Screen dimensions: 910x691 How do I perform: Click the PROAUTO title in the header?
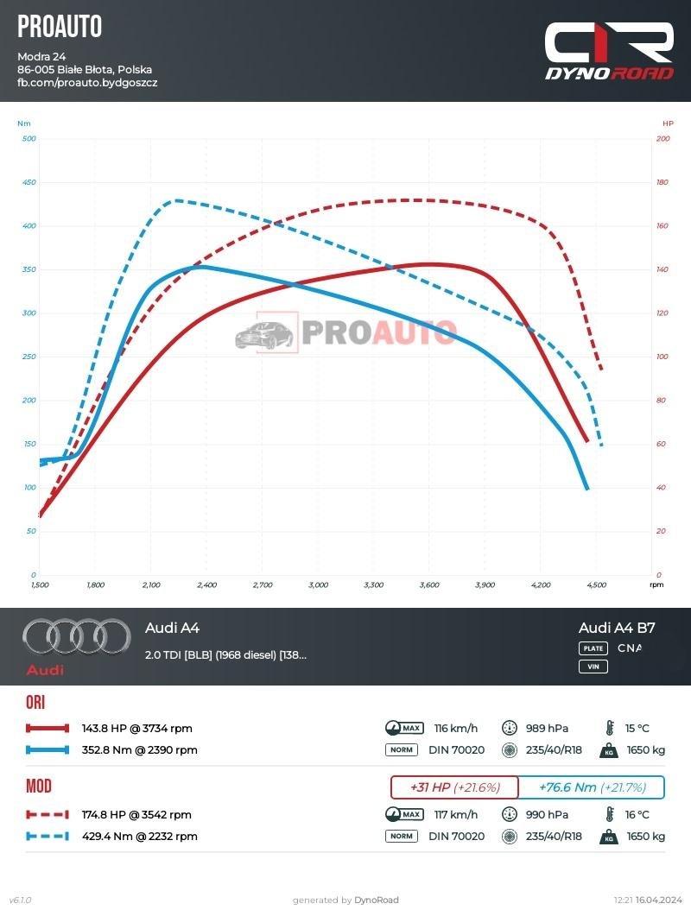pos(60,27)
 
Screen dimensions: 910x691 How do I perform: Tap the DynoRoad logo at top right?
pos(609,52)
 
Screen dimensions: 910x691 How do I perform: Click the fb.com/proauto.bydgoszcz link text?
pos(87,83)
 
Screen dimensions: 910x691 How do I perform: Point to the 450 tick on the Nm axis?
pos(29,182)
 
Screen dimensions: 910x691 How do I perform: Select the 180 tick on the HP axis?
pos(662,182)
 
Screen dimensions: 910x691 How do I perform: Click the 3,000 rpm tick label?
pos(318,585)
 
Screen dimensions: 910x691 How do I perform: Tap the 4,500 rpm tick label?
pos(596,585)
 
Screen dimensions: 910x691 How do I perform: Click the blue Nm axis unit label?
pos(23,123)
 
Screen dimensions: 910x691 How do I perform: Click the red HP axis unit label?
pos(668,123)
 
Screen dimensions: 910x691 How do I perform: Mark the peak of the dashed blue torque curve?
pos(176,200)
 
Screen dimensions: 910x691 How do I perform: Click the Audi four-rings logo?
pos(65,637)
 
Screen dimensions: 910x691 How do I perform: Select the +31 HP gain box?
pos(454,787)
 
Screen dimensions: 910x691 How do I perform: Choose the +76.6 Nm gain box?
pos(592,787)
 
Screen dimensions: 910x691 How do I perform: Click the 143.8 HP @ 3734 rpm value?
pos(136,728)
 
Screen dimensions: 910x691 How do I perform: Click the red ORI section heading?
pos(35,702)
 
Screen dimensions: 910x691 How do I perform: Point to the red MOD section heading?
pos(39,787)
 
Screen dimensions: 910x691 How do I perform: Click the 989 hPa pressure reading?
pos(547,728)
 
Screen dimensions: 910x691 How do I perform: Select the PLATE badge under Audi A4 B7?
pos(593,648)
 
